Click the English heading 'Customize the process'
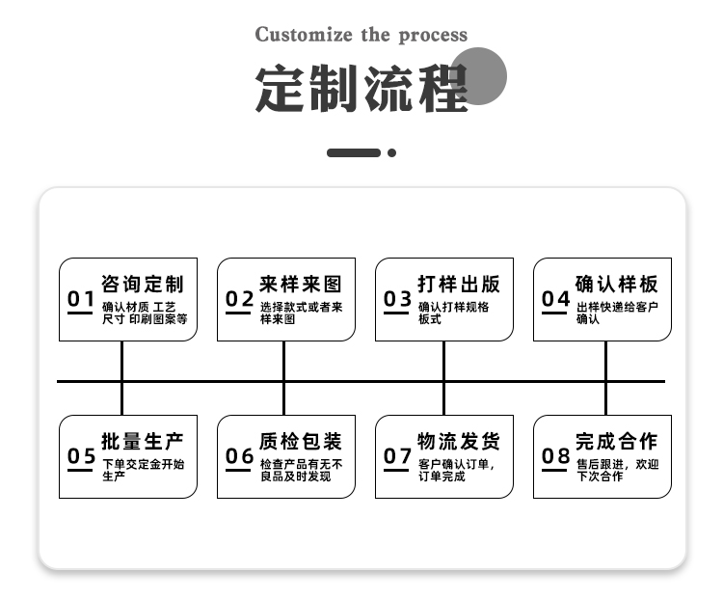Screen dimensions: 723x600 (361, 35)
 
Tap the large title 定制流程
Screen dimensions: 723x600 (361, 89)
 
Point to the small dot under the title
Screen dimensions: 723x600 (392, 152)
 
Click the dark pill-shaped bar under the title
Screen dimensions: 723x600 (354, 152)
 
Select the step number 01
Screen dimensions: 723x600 (81, 299)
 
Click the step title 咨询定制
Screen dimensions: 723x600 (143, 284)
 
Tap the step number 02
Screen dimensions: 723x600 (239, 299)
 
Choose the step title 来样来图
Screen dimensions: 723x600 (301, 284)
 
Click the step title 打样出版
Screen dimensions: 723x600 (459, 284)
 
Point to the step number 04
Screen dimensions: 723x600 (555, 299)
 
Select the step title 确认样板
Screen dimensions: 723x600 (617, 284)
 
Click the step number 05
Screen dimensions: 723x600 (81, 456)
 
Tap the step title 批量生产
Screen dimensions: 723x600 (143, 441)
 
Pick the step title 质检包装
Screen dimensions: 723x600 (301, 441)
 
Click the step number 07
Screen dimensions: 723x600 (397, 456)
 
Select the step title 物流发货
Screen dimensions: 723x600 (459, 441)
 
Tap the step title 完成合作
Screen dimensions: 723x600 (617, 441)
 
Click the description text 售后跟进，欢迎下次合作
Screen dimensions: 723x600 (617, 470)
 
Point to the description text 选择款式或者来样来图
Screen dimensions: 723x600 (301, 313)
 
